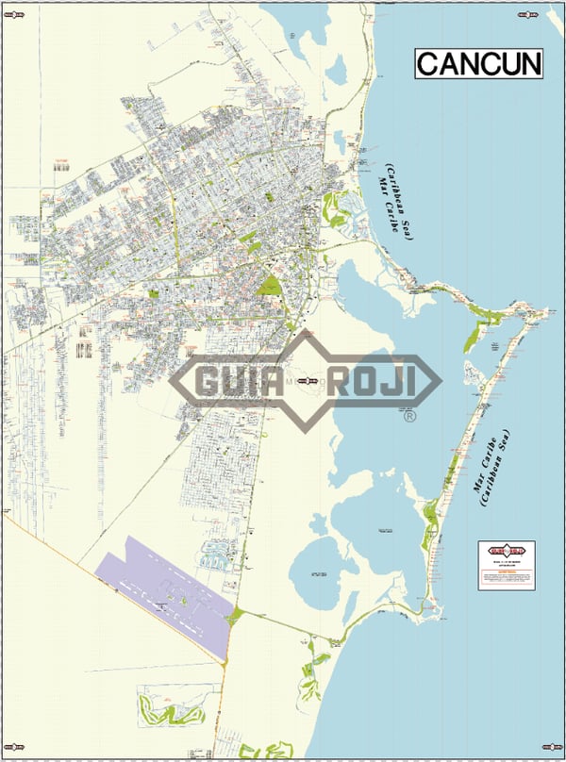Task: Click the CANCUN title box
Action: [479, 63]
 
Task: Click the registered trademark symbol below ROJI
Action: [408, 416]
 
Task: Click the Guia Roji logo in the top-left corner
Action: [12, 12]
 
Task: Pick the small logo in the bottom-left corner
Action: [12, 751]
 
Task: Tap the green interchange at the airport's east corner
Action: [235, 617]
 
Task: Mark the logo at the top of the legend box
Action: [506, 550]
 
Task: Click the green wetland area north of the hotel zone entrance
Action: [332, 207]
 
